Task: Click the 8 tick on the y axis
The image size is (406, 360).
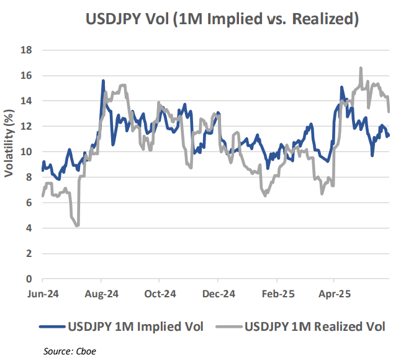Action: coord(29,178)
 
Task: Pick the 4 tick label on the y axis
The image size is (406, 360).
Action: coord(29,228)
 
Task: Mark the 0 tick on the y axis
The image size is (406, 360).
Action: coord(29,279)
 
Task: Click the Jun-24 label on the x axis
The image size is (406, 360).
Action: coord(43,294)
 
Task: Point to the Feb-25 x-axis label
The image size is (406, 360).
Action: coord(277,294)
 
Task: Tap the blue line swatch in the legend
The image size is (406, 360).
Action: coord(52,326)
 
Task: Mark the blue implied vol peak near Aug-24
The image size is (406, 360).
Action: coord(103,81)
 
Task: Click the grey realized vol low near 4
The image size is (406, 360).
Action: coord(77,225)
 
